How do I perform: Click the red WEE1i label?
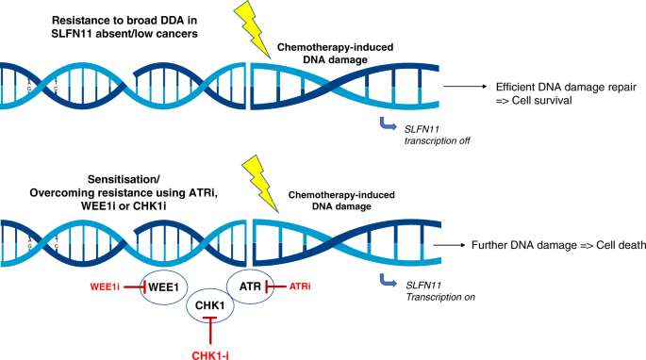click(105, 286)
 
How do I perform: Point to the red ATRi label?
click(300, 286)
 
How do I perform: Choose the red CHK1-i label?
click(210, 355)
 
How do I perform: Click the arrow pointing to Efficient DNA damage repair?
click(465, 87)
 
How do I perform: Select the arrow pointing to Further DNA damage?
click(449, 245)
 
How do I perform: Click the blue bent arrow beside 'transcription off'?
click(388, 123)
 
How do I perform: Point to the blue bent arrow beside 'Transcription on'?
click(388, 280)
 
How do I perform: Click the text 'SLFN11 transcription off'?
click(438, 135)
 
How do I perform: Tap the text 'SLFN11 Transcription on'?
click(440, 291)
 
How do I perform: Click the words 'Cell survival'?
click(541, 101)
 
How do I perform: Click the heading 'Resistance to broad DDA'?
click(124, 20)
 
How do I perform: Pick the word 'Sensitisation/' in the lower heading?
click(124, 180)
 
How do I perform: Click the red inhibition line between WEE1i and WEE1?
click(135, 286)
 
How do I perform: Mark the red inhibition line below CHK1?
click(210, 331)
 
